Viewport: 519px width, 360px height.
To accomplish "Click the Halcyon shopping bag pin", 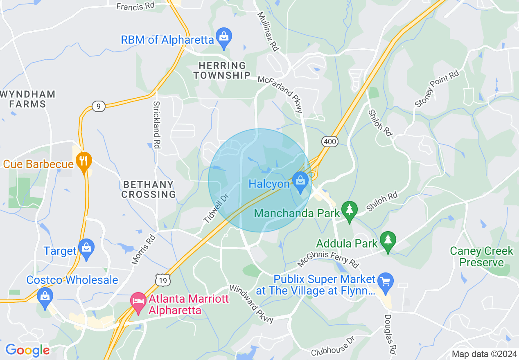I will [x=300, y=181].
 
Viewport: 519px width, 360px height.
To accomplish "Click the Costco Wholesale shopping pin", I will [x=45, y=297].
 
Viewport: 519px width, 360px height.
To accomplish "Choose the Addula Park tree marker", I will [x=388, y=241].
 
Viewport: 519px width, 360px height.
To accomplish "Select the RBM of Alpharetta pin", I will [x=224, y=37].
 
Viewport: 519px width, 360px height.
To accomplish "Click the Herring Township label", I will [x=222, y=70].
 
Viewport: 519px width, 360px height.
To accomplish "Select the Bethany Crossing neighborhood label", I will [x=148, y=189].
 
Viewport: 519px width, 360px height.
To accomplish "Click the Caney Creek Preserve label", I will [x=481, y=256].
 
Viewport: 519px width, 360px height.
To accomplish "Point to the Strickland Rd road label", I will [x=156, y=124].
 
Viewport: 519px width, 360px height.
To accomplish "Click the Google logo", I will [x=27, y=351].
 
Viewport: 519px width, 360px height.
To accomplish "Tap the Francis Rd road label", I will [x=135, y=6].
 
